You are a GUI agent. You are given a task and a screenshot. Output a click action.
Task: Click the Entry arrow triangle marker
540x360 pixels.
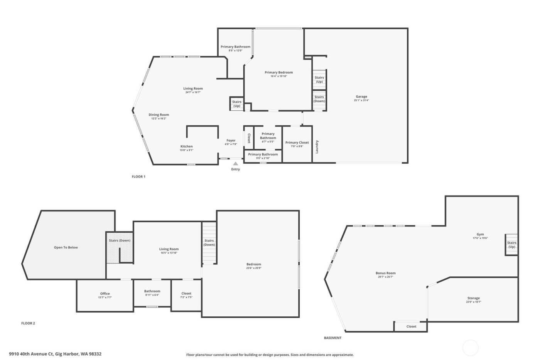tap(235, 164)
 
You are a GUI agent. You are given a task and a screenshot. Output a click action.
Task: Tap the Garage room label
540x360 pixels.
tap(361, 96)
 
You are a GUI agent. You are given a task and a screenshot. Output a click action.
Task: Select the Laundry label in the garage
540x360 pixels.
tap(317, 147)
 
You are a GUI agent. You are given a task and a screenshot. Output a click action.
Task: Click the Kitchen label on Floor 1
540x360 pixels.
tap(187, 146)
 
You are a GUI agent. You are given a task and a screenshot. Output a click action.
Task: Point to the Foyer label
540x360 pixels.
tap(231, 140)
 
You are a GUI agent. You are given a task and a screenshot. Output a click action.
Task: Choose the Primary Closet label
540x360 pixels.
tap(297, 142)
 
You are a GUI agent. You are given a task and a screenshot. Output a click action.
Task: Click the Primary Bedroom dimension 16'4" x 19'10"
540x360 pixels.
tap(278, 76)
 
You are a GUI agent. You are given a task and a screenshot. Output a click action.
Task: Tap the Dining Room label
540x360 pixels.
tap(159, 115)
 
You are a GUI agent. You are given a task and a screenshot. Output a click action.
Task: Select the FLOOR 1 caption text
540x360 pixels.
tap(138, 176)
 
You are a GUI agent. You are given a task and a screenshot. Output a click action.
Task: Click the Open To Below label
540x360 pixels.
tap(66, 247)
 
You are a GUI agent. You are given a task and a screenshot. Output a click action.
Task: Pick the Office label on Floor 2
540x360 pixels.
tap(105, 294)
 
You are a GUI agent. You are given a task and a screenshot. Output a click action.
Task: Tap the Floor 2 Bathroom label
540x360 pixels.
tap(152, 291)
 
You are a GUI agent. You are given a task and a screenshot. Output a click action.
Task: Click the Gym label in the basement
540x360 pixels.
tap(480, 234)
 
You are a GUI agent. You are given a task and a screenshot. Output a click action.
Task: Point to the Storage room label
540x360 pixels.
tap(474, 298)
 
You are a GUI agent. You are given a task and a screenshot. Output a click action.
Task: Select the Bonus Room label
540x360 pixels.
tap(386, 273)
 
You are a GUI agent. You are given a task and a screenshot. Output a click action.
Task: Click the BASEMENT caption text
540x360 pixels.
tap(332, 338)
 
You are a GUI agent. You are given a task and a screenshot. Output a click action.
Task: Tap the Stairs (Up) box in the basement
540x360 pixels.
tap(512, 245)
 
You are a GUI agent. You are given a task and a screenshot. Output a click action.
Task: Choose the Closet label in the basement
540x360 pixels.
tap(411, 326)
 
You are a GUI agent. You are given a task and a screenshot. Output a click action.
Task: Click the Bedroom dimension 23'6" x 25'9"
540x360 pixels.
tap(254, 268)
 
